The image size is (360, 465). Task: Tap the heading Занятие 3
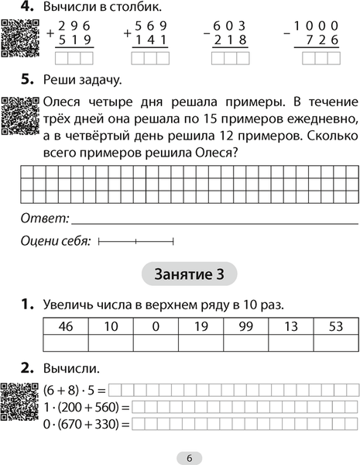[x=190, y=274]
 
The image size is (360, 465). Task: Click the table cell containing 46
[x=65, y=326]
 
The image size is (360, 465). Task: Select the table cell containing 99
[x=245, y=326]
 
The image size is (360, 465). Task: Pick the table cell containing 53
[x=335, y=326]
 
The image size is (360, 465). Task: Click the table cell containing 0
[x=155, y=326]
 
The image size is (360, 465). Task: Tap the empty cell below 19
[x=200, y=343]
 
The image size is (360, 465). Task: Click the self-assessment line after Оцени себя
[x=136, y=243]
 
